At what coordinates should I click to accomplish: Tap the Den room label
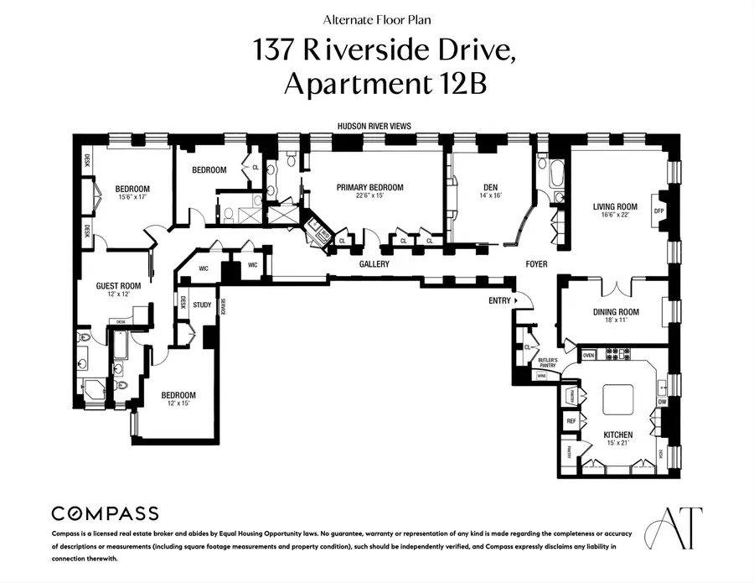tap(491, 188)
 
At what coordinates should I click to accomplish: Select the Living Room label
tap(615, 206)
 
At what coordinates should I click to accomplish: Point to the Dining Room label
tap(616, 312)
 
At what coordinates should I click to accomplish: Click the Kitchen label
tap(618, 435)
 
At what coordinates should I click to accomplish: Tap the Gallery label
tap(374, 264)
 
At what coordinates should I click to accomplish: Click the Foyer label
tap(536, 264)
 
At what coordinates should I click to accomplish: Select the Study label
tap(202, 305)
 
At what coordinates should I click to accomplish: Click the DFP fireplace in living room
tap(658, 211)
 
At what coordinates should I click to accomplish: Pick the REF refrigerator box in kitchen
tap(571, 421)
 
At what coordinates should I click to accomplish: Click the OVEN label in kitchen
tap(588, 356)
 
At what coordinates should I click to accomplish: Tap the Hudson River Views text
tap(374, 126)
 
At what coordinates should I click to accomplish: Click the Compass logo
tap(105, 513)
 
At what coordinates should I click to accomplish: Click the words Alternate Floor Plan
tap(376, 18)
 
